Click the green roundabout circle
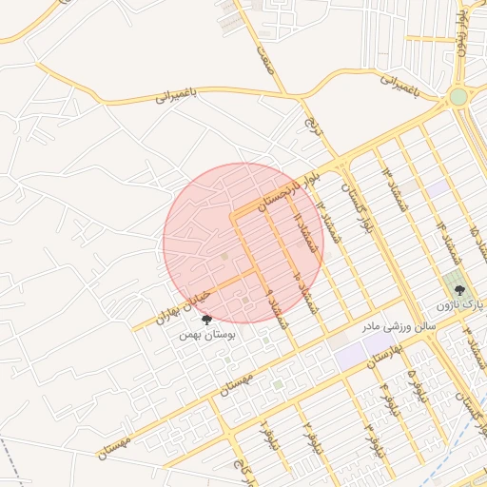[458, 97]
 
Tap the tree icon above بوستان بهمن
[206, 321]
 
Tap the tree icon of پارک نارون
[460, 289]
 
